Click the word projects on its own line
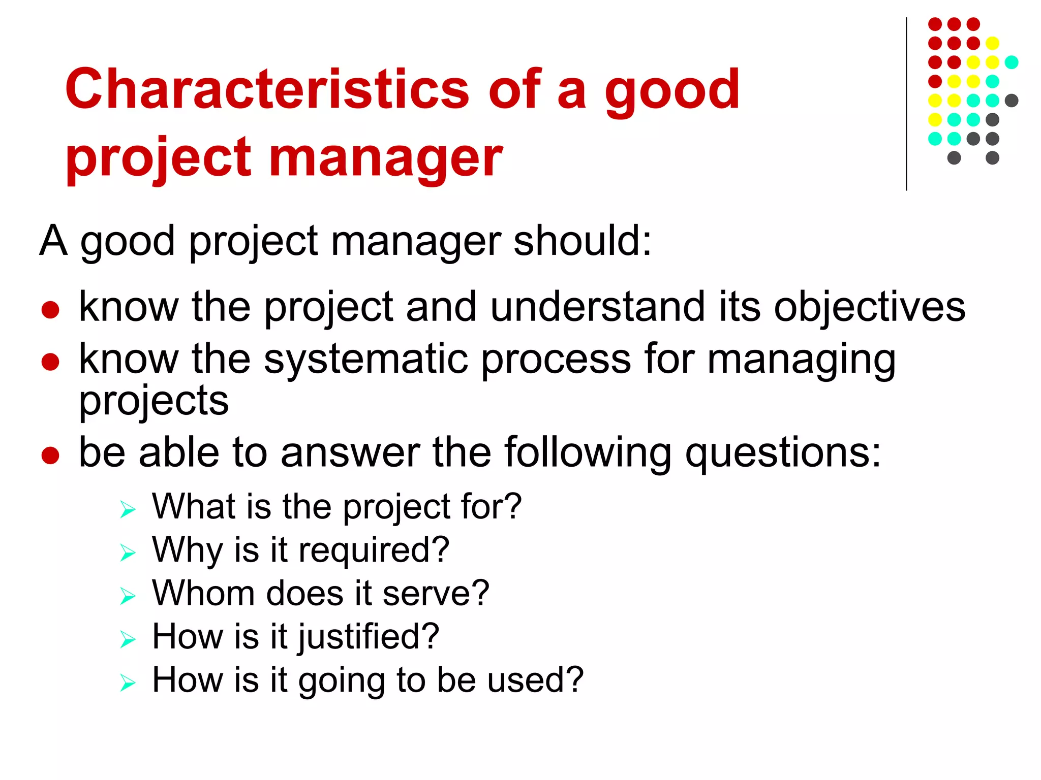click(x=154, y=401)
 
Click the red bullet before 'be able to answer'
click(x=50, y=455)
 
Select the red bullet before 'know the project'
click(x=50, y=309)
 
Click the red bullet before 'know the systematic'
click(x=50, y=362)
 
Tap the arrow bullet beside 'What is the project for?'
click(x=128, y=509)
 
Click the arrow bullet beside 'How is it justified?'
click(x=128, y=639)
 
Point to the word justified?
click(x=368, y=637)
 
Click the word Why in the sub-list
click(x=187, y=550)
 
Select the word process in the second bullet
click(x=556, y=360)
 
